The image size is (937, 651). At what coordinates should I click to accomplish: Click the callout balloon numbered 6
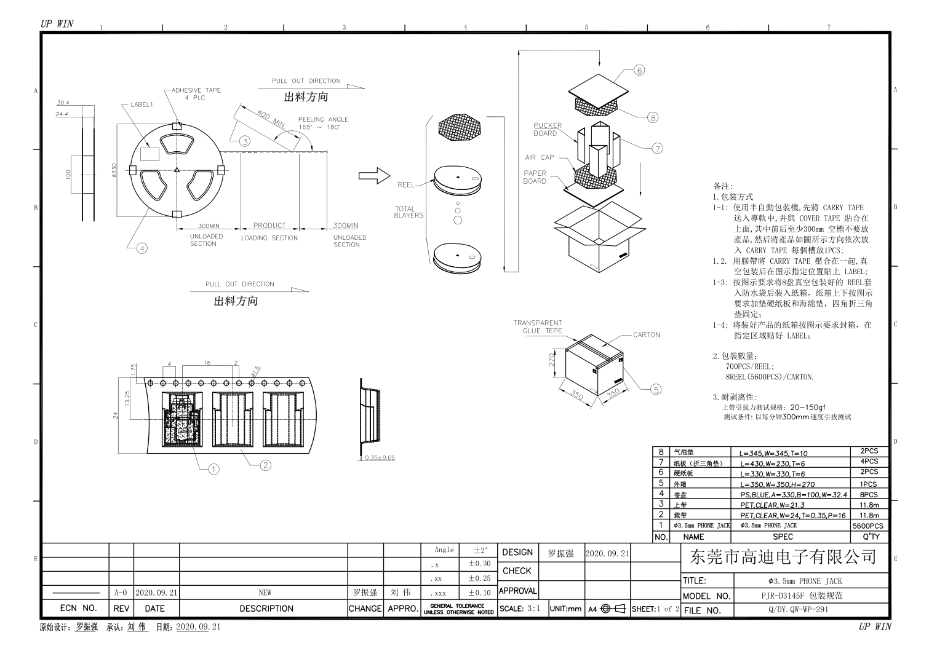coord(639,71)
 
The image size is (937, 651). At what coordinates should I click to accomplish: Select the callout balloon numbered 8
coord(653,117)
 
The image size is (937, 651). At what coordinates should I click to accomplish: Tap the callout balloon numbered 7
coord(658,148)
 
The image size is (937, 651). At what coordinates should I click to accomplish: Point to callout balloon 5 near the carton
coord(656,389)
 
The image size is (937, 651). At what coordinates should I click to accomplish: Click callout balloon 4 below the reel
coord(142,248)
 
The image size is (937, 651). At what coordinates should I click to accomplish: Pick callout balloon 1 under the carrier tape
coord(213,469)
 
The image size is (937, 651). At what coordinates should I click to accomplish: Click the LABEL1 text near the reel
coord(142,105)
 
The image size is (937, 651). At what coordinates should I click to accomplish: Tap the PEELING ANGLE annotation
coord(323,123)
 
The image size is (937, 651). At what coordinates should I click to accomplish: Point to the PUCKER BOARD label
coord(546,129)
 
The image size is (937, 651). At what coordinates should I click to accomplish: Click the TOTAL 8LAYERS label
coord(409,212)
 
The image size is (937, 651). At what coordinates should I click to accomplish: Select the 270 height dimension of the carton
coord(552,360)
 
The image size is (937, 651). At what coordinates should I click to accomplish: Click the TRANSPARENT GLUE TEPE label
coord(538,326)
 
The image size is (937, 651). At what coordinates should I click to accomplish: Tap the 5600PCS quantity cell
coord(868,526)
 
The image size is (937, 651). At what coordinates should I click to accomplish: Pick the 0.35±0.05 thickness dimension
coord(380,458)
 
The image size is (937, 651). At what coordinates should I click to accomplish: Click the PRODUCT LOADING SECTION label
coord(269,232)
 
